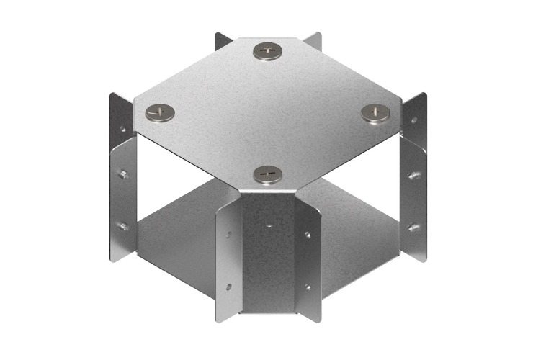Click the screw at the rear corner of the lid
[x=267, y=50]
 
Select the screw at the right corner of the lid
[x=374, y=112]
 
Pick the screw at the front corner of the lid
[x=267, y=174]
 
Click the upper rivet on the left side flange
[x=122, y=174]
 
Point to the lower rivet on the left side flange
[x=123, y=226]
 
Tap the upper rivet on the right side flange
[x=413, y=175]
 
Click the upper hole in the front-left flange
[x=228, y=234]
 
